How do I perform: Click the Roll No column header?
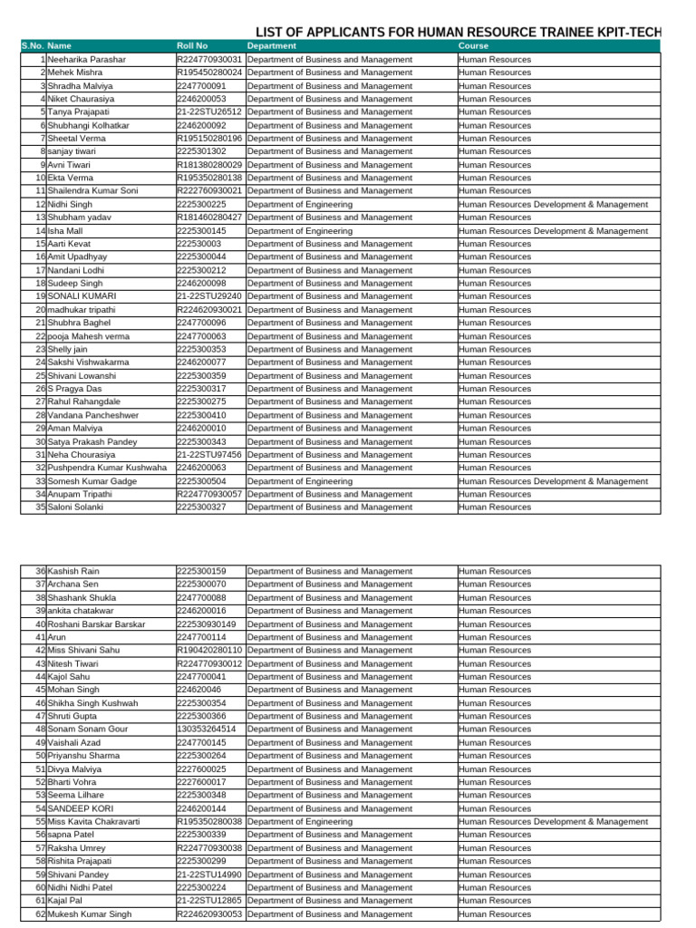192,46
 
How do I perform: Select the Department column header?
271,46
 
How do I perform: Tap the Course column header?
473,46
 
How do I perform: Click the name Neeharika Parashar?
87,60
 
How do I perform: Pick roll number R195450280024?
209,72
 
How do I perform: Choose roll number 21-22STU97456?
209,455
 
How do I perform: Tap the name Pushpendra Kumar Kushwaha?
107,468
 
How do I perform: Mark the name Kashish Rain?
73,572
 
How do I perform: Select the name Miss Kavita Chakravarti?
94,822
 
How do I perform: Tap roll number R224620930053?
209,914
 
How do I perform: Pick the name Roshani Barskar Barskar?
96,624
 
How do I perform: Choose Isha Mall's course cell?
553,231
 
